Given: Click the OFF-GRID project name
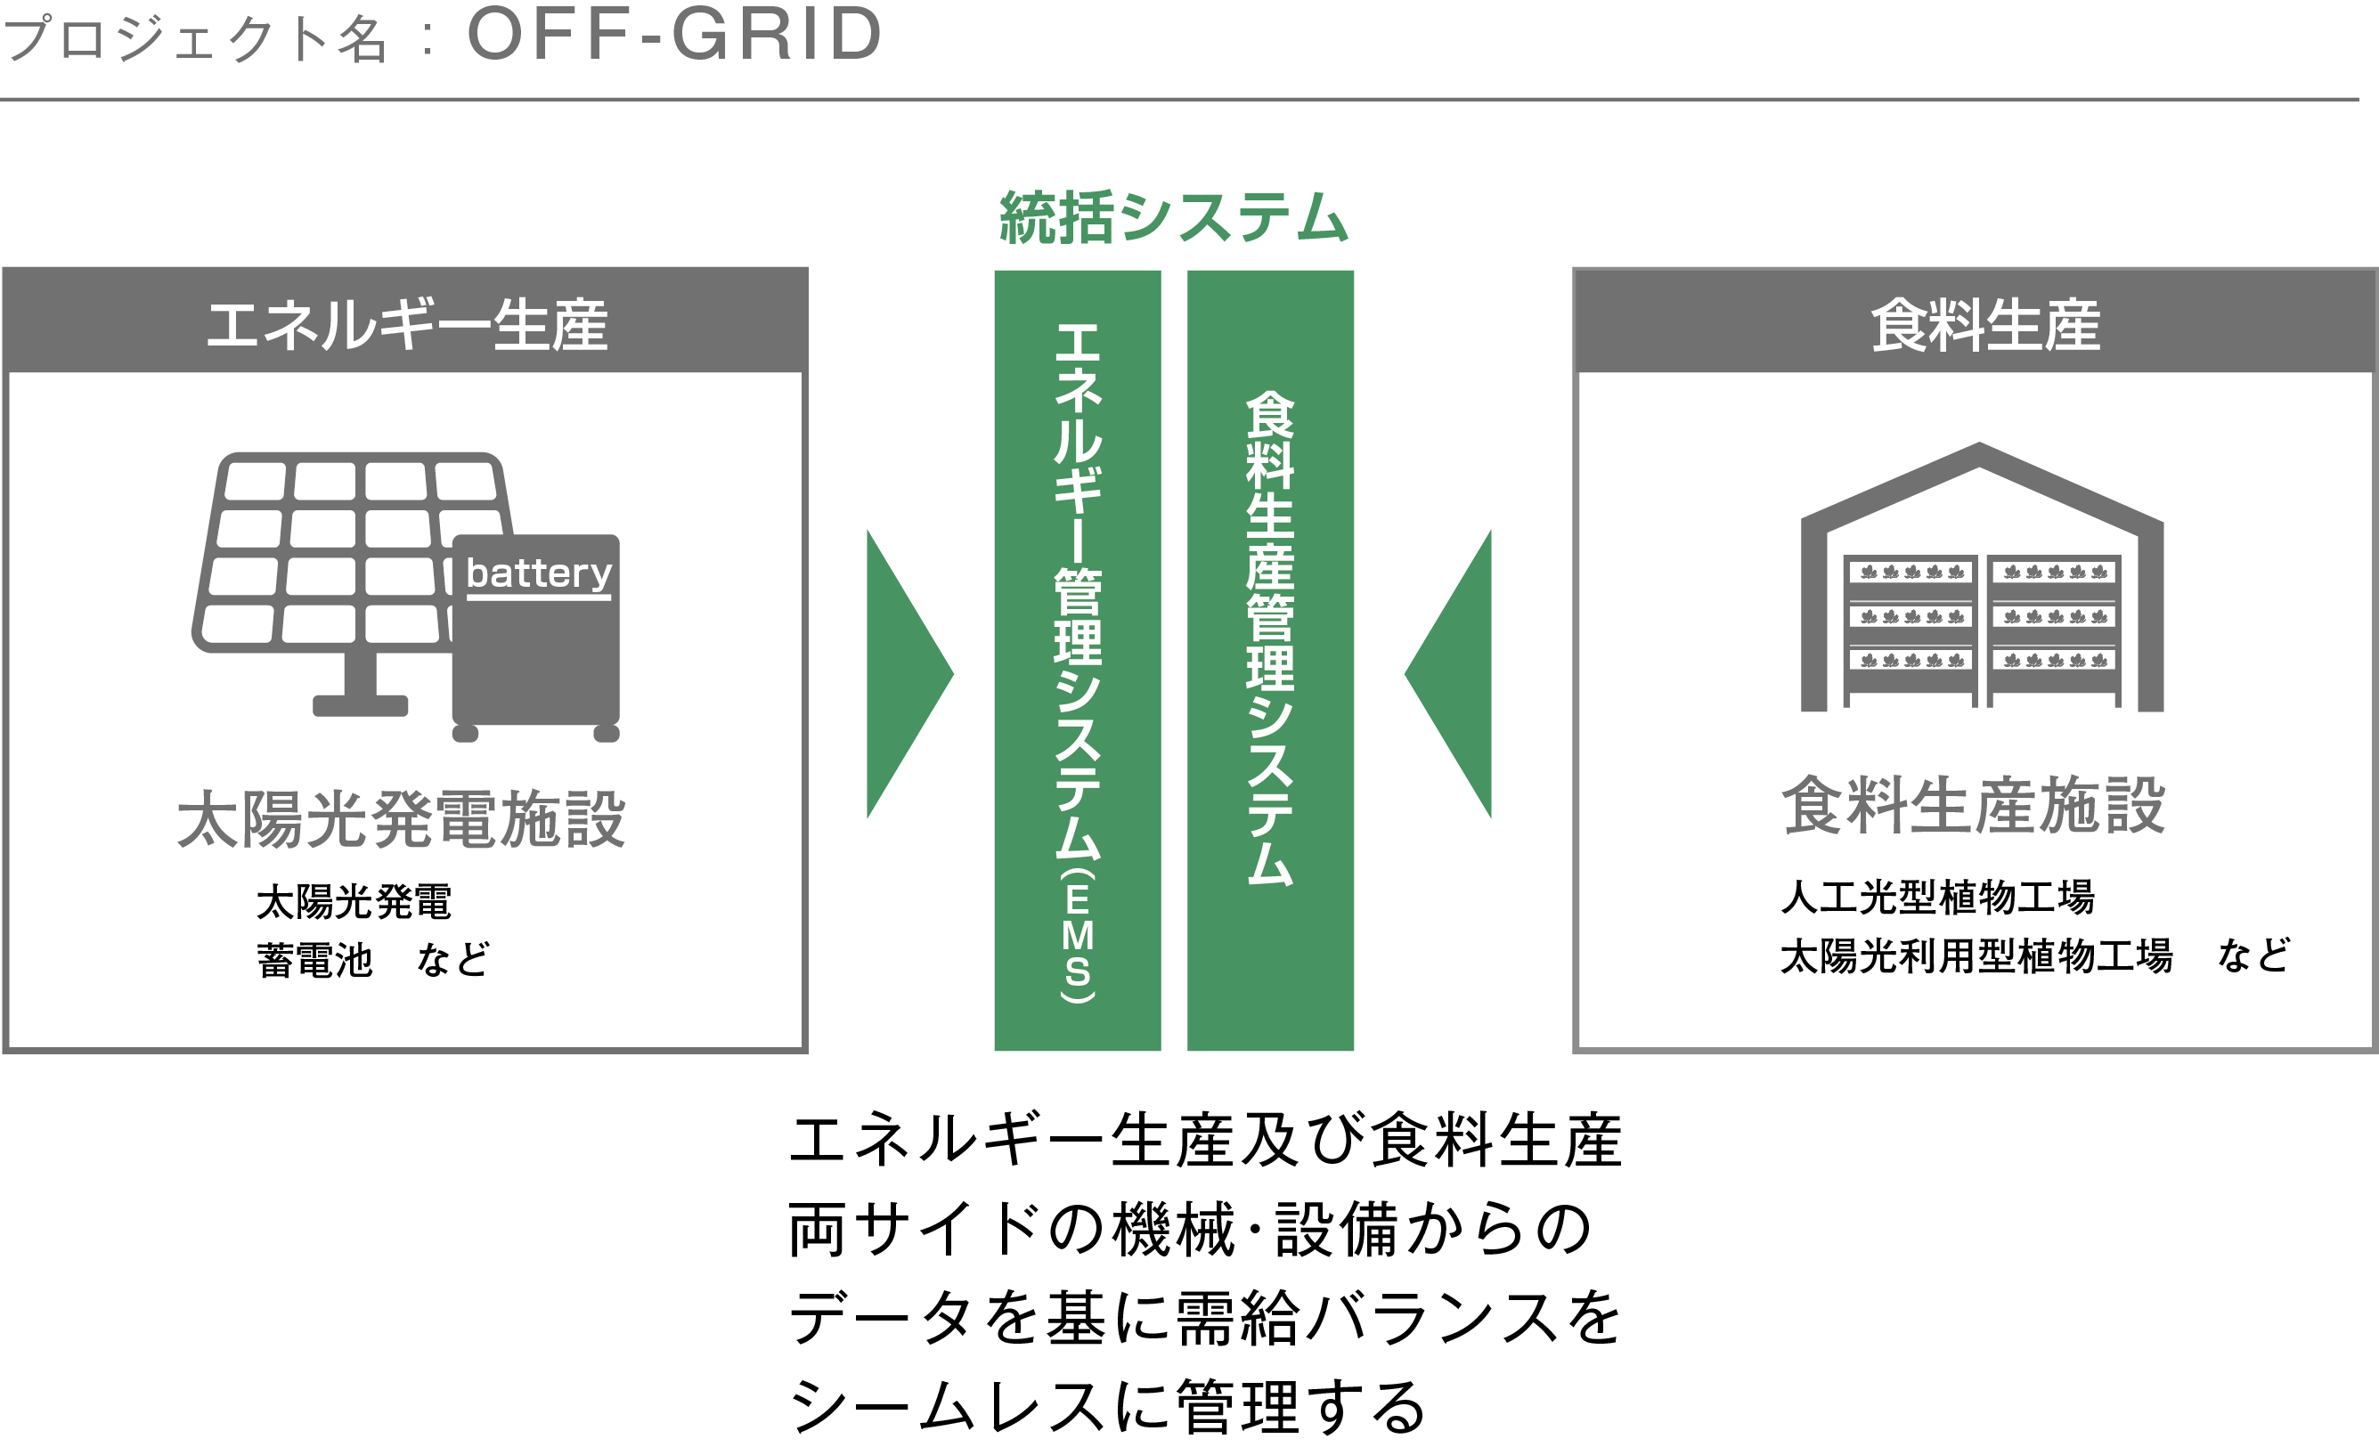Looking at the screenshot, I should (674, 36).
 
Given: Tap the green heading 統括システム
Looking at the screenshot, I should (1173, 217).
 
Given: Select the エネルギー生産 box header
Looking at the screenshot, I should (405, 322).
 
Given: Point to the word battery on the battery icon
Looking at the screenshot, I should (538, 573).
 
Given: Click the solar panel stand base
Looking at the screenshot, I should (360, 704).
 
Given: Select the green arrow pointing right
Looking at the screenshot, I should (903, 674).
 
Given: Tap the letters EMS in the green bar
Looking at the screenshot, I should (1078, 935).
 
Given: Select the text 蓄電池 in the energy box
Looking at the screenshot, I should (314, 961).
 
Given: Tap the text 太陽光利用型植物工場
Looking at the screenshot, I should (1976, 955).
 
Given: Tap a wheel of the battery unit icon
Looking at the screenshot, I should (465, 734).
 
